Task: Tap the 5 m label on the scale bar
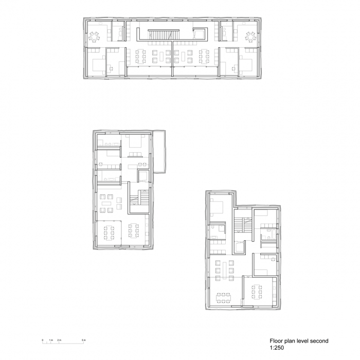coord(83,340)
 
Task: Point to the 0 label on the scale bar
coord(43,340)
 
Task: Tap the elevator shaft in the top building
coord(198,34)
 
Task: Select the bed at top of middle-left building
coord(136,142)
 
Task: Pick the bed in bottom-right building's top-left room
coord(217,207)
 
